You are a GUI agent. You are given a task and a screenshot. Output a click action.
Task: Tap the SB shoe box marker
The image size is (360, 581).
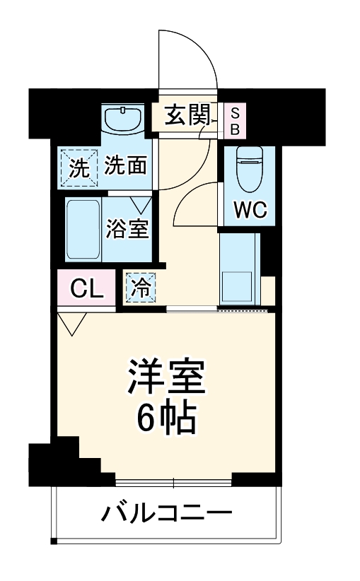click(235, 120)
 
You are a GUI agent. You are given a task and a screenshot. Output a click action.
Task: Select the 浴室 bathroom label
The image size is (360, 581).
click(128, 230)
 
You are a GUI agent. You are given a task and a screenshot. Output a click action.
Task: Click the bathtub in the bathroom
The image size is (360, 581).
click(83, 230)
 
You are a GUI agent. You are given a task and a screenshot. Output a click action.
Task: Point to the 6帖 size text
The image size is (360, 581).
click(166, 420)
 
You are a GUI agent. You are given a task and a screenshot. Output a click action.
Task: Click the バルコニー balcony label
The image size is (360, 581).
click(166, 512)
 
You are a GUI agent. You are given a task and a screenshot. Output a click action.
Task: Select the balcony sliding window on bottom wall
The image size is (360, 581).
click(173, 483)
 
